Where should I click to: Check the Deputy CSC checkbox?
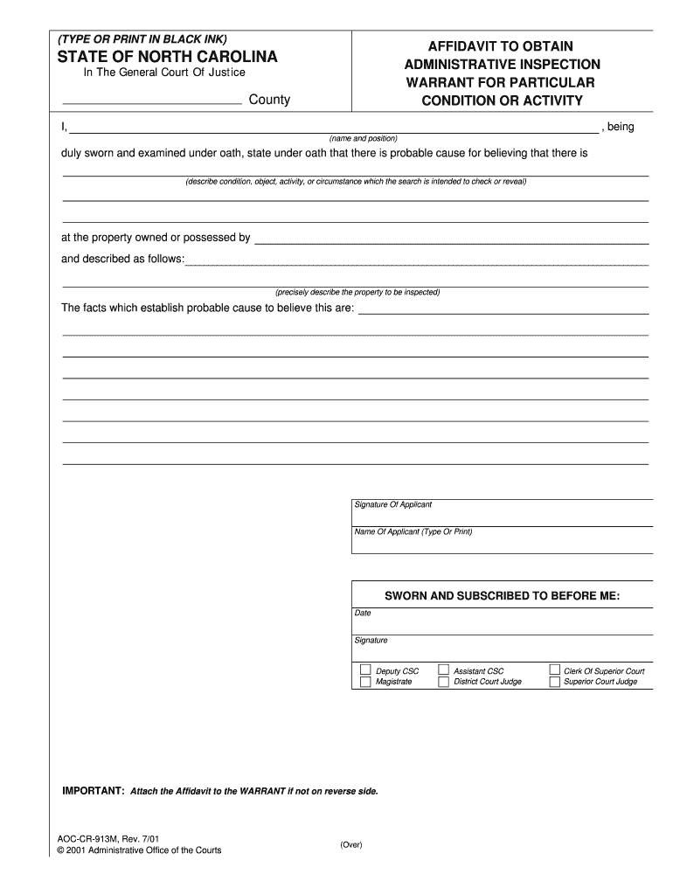click(365, 670)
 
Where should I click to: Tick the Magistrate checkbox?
click(365, 682)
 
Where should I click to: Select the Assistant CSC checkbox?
click(443, 670)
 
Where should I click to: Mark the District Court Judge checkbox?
click(443, 682)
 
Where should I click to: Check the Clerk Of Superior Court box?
click(554, 670)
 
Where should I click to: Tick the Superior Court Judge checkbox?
click(554, 682)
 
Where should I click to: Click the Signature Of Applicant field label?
click(392, 505)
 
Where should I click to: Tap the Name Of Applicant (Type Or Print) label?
click(413, 531)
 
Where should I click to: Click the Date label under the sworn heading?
click(363, 613)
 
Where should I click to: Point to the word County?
click(269, 100)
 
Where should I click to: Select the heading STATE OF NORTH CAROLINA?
click(167, 57)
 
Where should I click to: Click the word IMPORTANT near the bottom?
click(93, 790)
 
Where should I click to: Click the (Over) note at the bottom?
click(350, 844)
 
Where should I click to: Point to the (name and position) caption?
click(363, 138)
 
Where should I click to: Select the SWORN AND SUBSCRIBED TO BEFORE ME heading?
click(502, 596)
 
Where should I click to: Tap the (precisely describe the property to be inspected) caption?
click(357, 292)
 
